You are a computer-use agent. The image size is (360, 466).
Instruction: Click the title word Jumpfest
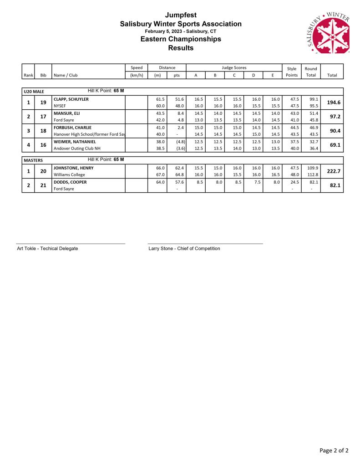[181, 15]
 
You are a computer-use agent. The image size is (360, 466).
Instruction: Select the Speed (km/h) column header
[137, 72]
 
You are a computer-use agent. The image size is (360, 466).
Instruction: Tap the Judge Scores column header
[233, 67]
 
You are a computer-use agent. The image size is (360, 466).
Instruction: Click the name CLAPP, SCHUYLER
[71, 99]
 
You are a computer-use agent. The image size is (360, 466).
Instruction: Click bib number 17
[43, 117]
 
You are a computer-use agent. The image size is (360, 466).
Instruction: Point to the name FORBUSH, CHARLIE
[72, 128]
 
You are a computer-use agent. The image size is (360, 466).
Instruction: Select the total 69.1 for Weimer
[335, 145]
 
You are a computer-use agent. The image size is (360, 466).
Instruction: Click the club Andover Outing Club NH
[77, 149]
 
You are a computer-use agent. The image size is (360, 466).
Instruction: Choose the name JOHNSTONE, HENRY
[74, 168]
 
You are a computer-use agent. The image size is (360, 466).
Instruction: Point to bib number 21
[43, 185]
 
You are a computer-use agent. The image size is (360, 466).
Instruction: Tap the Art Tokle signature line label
[47, 248]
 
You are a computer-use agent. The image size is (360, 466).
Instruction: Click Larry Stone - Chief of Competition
[184, 248]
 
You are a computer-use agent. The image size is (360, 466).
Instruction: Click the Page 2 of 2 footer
[334, 451]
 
